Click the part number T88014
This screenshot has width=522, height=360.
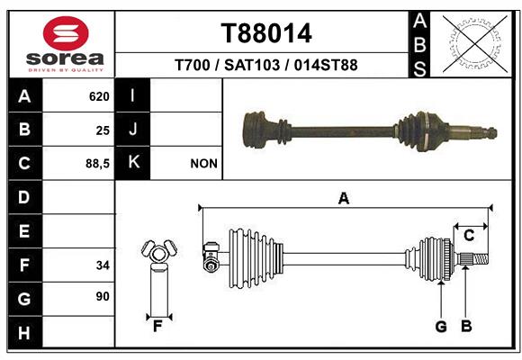266,33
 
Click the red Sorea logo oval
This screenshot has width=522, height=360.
66,33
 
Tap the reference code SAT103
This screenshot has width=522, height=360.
252,65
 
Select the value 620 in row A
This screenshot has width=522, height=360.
99,96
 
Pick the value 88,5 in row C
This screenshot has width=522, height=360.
97,164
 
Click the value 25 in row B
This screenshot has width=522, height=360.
103,130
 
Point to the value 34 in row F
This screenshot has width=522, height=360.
103,265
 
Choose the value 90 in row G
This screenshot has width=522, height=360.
103,296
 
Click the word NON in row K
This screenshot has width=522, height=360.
203,164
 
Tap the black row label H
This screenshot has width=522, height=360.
24,333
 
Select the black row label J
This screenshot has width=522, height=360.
132,129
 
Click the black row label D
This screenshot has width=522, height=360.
24,197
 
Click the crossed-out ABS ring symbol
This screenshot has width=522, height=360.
475,43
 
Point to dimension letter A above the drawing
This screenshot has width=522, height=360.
344,199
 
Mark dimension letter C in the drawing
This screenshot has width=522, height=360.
469,236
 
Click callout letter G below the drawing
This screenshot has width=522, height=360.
441,327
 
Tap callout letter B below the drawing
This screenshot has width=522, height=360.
466,327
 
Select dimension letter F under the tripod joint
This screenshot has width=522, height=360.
157,327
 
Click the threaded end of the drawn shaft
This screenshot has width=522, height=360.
481,259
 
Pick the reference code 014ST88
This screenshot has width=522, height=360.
326,65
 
